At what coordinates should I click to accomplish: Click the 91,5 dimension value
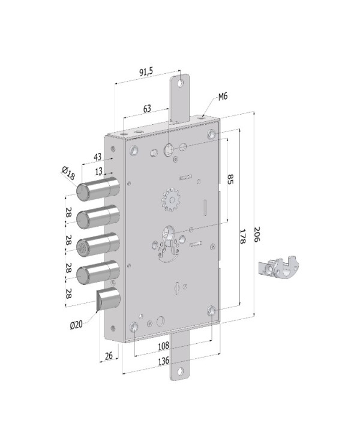[x=146, y=72]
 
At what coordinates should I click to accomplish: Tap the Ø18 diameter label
[x=67, y=175]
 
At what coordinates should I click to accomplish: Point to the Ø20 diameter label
[x=76, y=325]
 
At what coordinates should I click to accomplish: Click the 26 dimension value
[x=109, y=356]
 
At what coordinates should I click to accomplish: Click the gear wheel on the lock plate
[x=172, y=199]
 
